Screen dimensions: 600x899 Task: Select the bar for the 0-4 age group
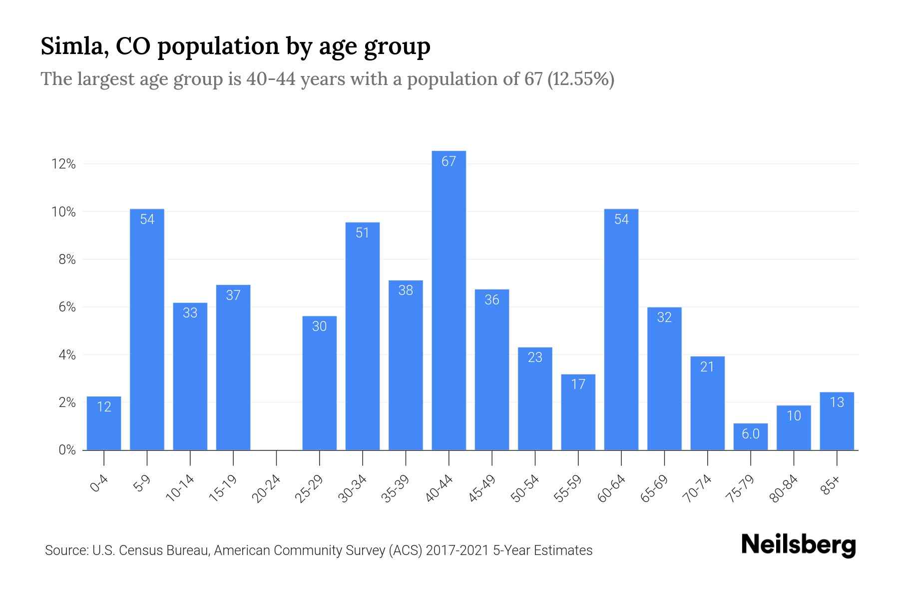[x=104, y=425]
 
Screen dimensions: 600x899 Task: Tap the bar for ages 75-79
[x=750, y=437]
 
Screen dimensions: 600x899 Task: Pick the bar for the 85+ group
[x=837, y=422]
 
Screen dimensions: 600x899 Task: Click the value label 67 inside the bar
[x=449, y=161]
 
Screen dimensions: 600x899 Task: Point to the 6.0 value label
[x=750, y=433]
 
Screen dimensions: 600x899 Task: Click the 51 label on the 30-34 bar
[x=362, y=232]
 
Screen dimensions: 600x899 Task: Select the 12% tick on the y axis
[x=63, y=164]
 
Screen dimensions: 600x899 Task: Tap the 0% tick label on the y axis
[x=67, y=450]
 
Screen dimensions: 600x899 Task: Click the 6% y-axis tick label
[x=67, y=307]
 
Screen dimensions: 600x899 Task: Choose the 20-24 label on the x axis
[x=266, y=488]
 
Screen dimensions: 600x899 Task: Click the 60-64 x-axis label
[x=611, y=488]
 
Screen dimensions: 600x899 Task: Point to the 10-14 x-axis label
[x=180, y=488]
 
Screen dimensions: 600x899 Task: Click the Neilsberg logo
[x=798, y=545]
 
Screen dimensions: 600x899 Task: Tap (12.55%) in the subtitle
[x=580, y=79]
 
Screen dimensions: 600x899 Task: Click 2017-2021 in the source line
[x=457, y=550]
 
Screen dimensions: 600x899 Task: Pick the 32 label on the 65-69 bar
[x=664, y=317]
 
